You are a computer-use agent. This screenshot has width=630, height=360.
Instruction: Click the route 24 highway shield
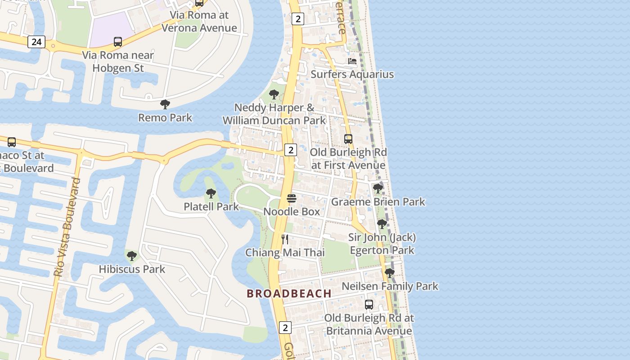36,42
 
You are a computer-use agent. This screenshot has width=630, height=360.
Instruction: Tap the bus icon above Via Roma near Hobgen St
118,42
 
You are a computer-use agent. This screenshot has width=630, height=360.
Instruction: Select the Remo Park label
165,118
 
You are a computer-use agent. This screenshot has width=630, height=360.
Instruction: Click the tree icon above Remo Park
165,104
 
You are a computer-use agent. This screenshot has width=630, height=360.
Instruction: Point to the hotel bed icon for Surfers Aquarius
352,61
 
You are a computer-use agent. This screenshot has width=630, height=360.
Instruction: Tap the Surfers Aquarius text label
352,74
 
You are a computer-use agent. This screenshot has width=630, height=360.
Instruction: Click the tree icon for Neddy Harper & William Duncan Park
274,94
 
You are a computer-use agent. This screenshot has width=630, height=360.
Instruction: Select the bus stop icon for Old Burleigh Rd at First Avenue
348,139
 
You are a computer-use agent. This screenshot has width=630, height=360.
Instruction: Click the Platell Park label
211,207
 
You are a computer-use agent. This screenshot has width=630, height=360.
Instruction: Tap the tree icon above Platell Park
211,193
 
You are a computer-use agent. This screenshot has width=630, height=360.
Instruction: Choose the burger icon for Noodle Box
292,198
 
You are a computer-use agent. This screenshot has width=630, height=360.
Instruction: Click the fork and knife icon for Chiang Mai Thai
285,239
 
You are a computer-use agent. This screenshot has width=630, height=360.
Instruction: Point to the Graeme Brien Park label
378,202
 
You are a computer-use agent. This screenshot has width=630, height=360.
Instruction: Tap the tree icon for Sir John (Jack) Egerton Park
382,224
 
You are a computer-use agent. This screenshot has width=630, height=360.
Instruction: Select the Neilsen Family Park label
390,286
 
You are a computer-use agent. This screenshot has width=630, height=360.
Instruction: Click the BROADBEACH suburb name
289,293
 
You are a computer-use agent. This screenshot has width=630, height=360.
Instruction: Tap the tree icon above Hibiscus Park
132,256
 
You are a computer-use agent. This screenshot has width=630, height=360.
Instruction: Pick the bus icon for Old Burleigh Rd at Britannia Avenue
369,305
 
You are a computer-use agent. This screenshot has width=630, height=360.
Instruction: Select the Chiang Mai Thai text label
285,252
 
